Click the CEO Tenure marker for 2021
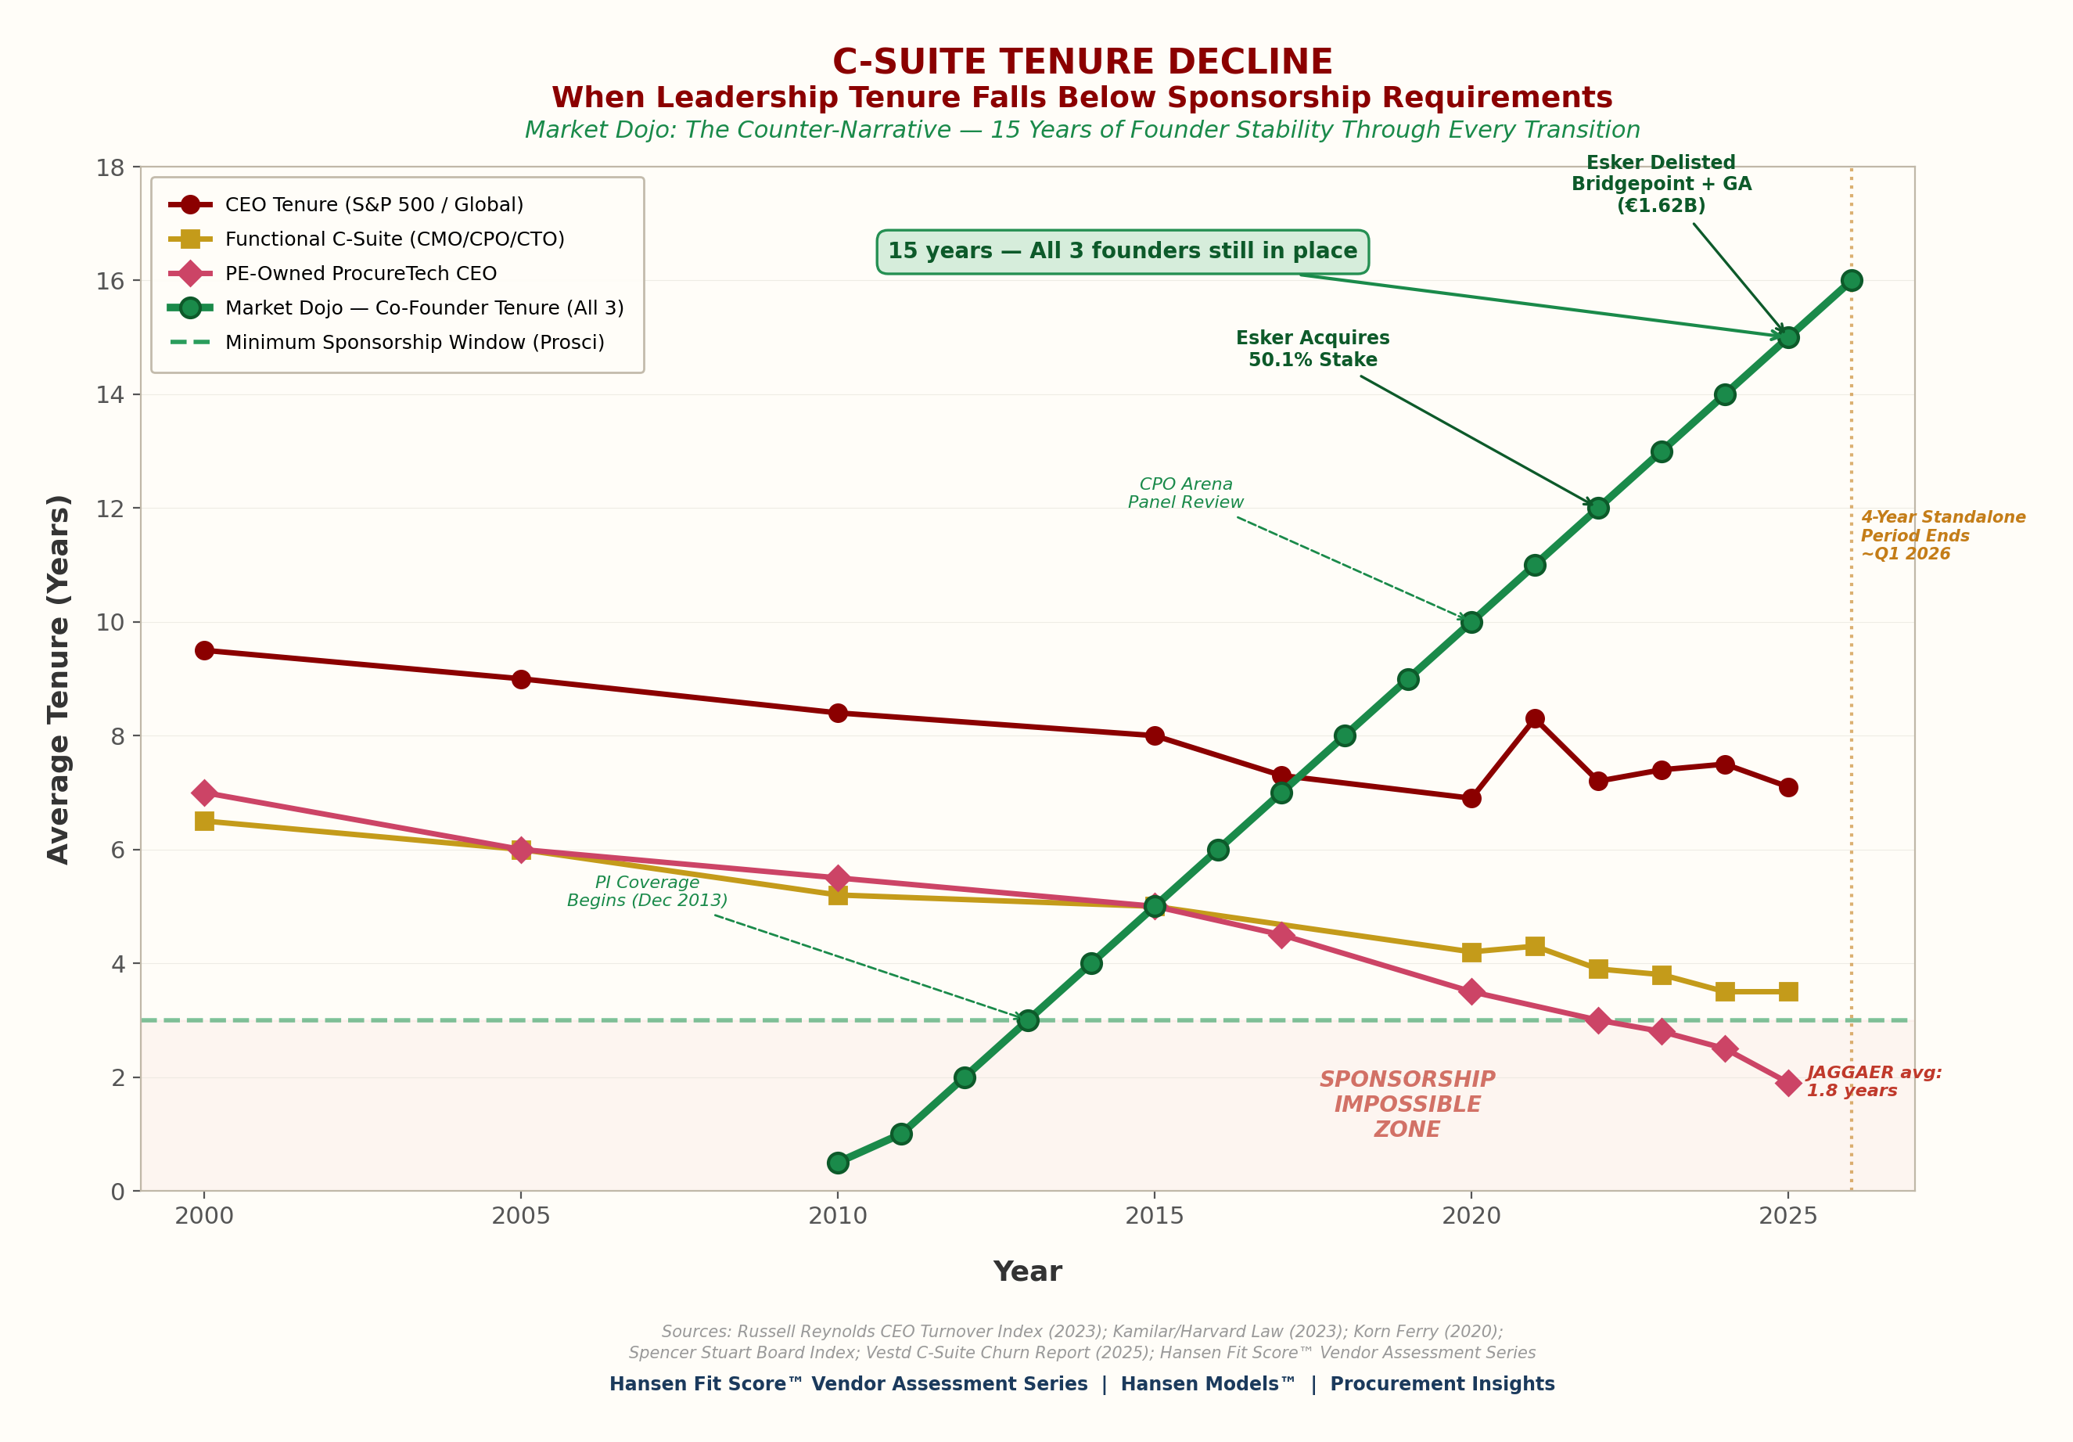pos(1535,719)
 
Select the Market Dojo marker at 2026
pos(1851,280)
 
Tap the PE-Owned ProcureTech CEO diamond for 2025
pos(1787,1083)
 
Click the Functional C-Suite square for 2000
pos(204,821)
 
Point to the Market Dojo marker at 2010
pos(838,1162)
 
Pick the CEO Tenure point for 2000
pos(204,650)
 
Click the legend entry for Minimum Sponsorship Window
pos(415,342)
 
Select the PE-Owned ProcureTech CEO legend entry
pos(361,273)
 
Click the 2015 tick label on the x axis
pos(1154,1215)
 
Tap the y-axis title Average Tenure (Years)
pos(59,679)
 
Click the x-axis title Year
pos(1027,1271)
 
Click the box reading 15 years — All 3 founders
pos(1123,251)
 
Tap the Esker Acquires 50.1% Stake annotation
pos(1313,348)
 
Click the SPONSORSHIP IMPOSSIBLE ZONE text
pos(1407,1104)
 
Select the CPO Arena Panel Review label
pos(1185,493)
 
